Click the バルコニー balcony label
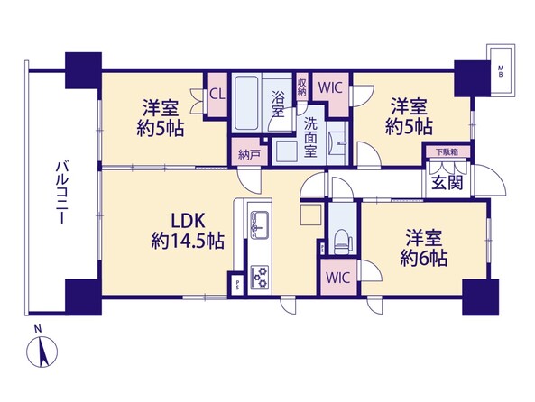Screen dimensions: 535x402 point(60,193)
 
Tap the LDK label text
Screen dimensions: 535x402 point(188,221)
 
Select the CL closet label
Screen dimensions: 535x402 point(217,95)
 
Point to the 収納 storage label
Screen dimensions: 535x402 point(301,87)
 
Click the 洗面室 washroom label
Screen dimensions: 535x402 point(310,137)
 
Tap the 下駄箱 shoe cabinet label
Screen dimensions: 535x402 point(447,152)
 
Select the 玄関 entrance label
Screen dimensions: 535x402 point(447,183)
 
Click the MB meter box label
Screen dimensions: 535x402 point(501,72)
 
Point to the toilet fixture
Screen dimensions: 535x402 point(342,240)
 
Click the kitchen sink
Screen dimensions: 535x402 point(259,224)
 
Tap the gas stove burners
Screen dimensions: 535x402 point(259,276)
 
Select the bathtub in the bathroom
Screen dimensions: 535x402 point(245,103)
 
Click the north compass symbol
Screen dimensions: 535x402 point(42,352)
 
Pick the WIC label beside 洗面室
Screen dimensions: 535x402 point(330,87)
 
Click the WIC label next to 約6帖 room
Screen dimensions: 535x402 point(337,278)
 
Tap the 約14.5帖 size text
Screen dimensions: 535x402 point(188,242)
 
